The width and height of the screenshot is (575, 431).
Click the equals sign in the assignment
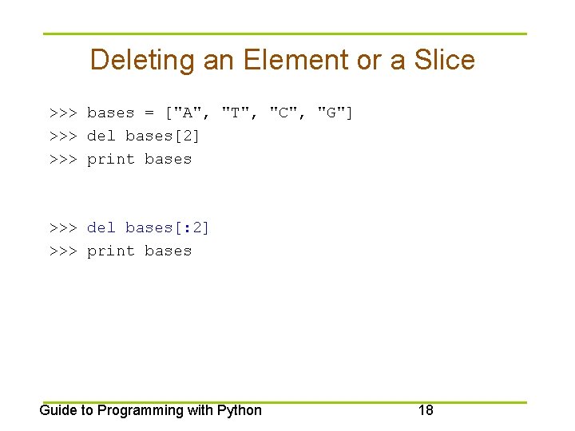pos(149,113)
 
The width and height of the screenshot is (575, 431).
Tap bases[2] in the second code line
pos(163,136)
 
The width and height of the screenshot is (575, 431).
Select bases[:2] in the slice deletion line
pos(168,227)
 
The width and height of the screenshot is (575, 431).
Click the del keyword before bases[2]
pos(101,136)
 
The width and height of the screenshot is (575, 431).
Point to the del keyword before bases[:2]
pos(101,227)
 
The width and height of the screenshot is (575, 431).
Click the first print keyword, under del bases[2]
pos(110,159)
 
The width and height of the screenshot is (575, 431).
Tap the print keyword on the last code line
pos(110,251)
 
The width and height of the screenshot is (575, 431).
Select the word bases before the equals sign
pos(110,113)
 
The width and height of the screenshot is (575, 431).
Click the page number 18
pos(426,410)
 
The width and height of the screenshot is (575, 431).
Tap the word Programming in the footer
pos(141,410)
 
